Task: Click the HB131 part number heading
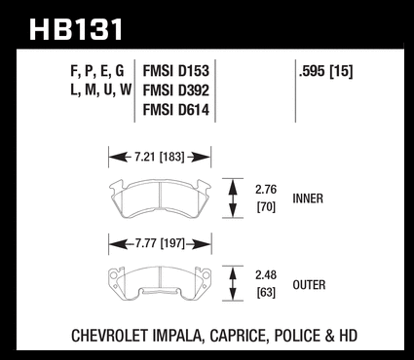point(76,29)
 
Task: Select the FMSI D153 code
point(176,71)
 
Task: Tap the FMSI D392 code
point(176,90)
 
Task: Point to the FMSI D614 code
point(176,110)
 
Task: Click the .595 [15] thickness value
point(325,71)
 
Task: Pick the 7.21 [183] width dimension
point(159,158)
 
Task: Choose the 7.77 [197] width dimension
point(160,243)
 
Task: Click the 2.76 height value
point(266,190)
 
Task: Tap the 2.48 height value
point(266,275)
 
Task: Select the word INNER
point(308,198)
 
